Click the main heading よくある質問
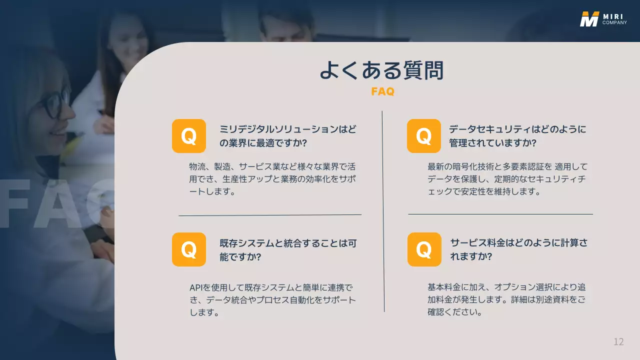(x=382, y=70)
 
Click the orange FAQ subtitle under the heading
(x=382, y=91)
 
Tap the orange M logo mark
(x=589, y=18)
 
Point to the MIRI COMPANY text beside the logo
(x=614, y=19)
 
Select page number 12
(x=618, y=342)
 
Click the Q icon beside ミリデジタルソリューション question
(x=189, y=136)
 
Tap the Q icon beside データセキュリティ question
(x=424, y=136)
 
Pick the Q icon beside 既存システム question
(x=189, y=249)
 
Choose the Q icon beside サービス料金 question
(x=424, y=249)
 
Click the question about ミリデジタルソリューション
(x=288, y=136)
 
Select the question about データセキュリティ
(x=517, y=136)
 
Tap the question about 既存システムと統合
(x=288, y=250)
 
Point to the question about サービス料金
(x=518, y=249)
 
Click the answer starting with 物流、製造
(x=272, y=178)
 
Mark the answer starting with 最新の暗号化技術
(x=507, y=178)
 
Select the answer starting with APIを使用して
(x=272, y=300)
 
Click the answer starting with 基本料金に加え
(x=506, y=300)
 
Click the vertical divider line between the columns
(x=383, y=210)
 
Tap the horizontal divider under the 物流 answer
(x=270, y=215)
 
